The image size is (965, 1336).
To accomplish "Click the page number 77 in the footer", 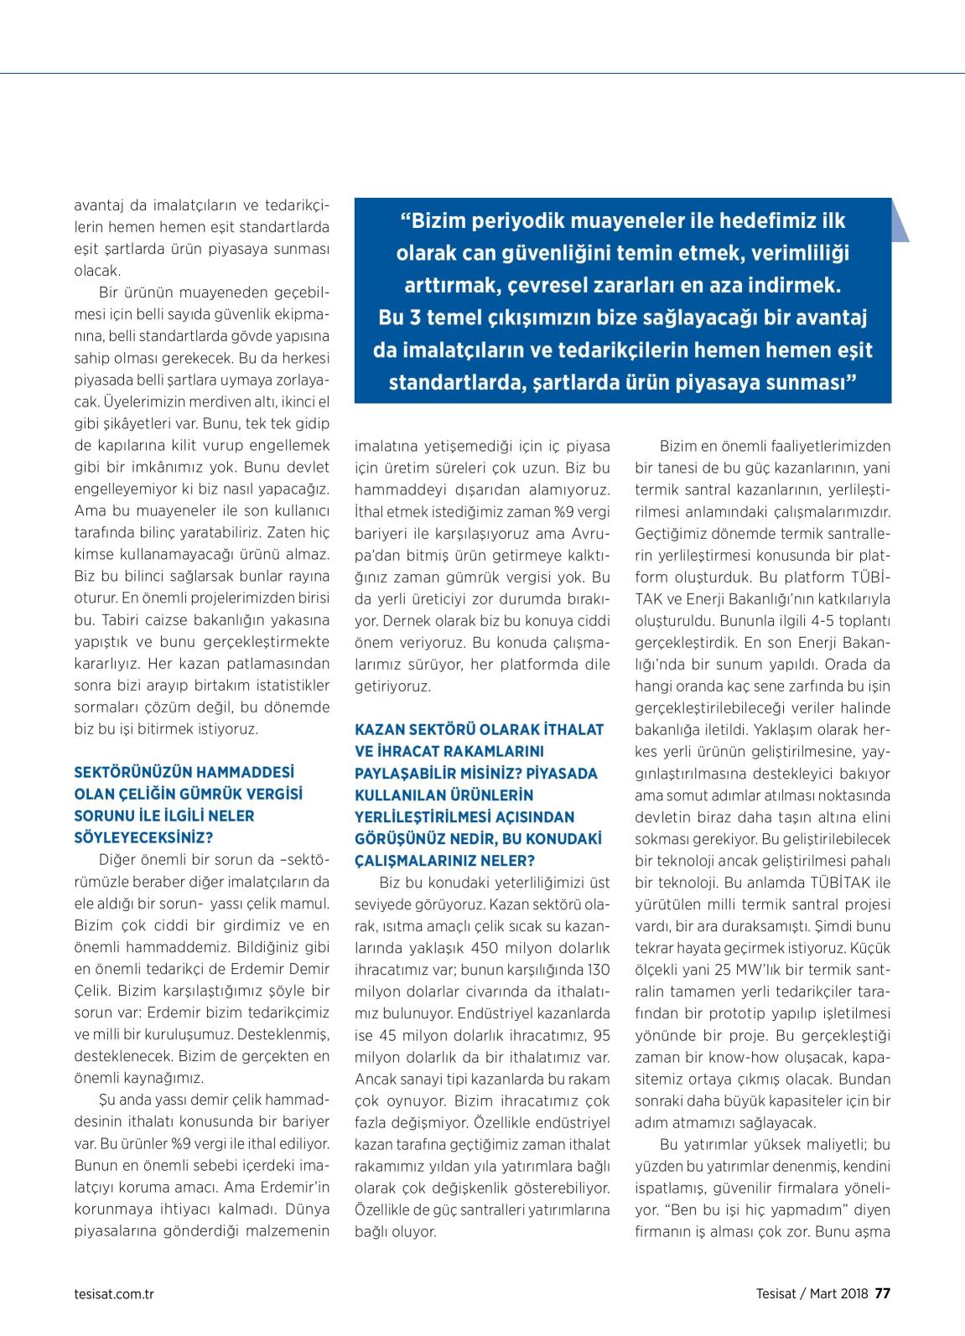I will pos(882,1292).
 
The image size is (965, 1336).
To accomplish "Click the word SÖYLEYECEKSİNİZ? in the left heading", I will pos(143,836).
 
